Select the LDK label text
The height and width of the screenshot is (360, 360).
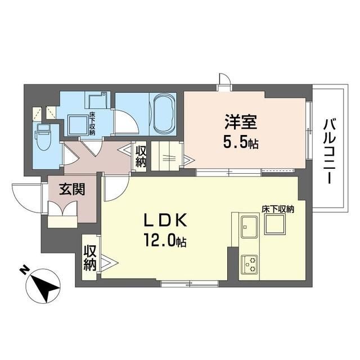(164, 220)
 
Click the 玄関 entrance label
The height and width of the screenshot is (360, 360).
(73, 190)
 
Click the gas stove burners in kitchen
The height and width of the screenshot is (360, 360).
(249, 262)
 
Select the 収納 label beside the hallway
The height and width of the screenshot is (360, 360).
(141, 156)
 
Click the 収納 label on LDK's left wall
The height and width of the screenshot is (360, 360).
(90, 258)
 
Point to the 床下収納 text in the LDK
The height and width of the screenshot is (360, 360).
(278, 209)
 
